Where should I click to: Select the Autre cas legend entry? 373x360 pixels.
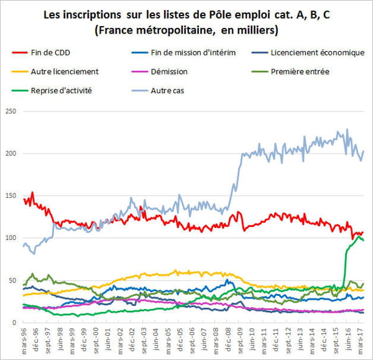click(x=167, y=91)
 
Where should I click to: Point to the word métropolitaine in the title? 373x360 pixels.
click(x=172, y=29)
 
